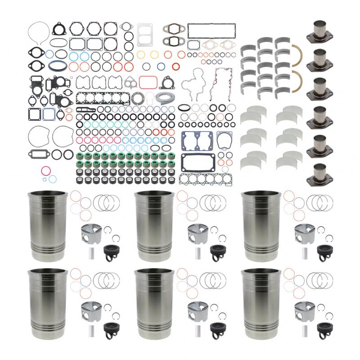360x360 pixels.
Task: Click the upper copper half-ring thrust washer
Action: [x=298, y=54]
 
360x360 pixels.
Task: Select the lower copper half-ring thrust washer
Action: [x=298, y=79]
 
